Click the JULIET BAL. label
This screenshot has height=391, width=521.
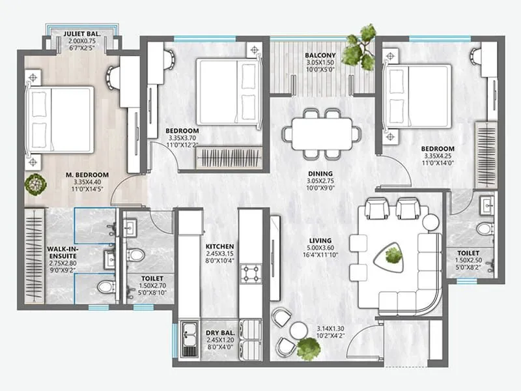click(x=82, y=34)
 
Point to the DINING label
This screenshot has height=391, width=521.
click(x=320, y=174)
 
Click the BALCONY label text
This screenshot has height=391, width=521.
click(x=320, y=55)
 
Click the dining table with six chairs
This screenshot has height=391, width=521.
click(x=320, y=133)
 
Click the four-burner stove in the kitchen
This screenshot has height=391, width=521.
click(x=250, y=273)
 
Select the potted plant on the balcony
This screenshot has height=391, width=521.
click(x=360, y=47)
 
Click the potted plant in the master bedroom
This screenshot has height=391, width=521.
click(x=35, y=184)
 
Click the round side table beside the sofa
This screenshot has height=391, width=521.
click(x=430, y=222)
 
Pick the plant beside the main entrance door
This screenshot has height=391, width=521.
click(x=308, y=348)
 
